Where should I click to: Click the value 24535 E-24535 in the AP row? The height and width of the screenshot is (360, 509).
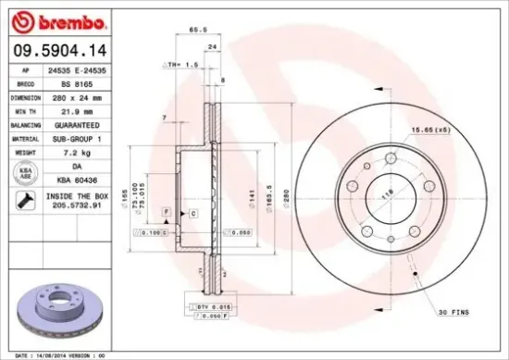coord(77,71)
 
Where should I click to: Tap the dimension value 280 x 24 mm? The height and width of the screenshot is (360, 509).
coord(77,97)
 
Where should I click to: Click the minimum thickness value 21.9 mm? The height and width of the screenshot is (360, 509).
coord(77,111)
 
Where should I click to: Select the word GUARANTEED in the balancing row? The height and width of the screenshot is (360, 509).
coord(77,124)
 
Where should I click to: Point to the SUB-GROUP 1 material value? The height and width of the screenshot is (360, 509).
coord(77,138)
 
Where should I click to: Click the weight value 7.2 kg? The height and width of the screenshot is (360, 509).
coord(77,151)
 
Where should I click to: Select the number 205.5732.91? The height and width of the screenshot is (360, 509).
coord(77,205)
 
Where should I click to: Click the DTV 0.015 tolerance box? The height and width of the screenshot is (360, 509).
coord(211,305)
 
